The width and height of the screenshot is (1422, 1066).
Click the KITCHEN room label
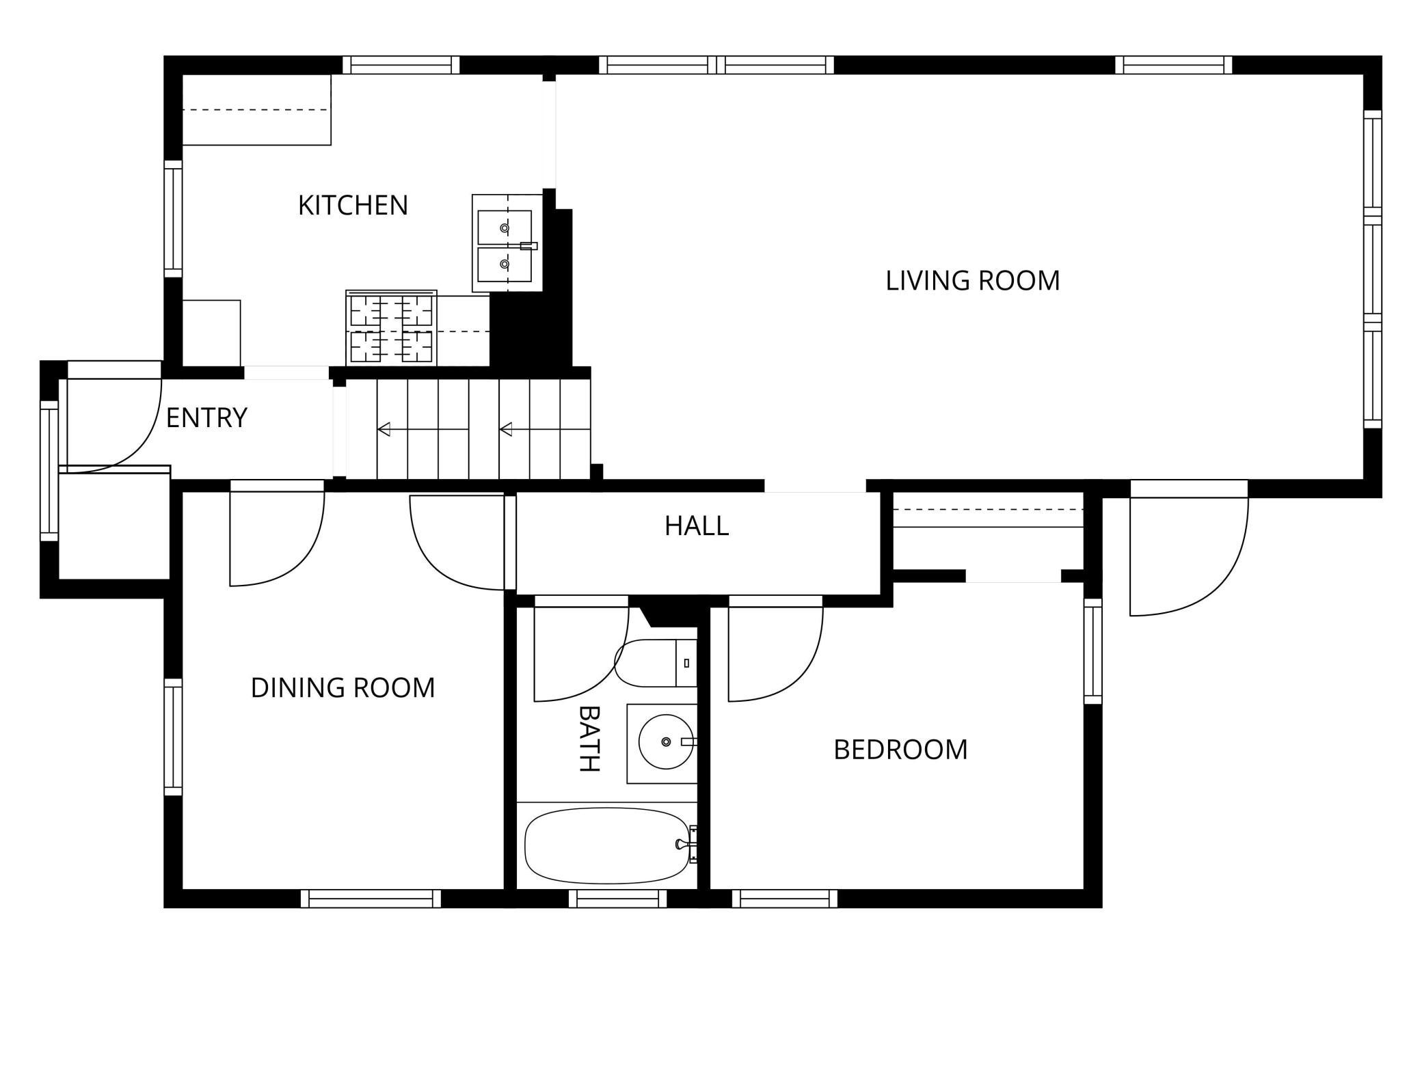[353, 205]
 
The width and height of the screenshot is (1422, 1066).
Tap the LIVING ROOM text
[972, 280]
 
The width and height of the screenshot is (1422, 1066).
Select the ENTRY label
[206, 418]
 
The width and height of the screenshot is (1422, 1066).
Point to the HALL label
[697, 525]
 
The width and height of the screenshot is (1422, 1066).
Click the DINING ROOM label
[343, 687]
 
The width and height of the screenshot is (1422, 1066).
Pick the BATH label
[589, 738]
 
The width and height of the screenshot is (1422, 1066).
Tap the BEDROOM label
[900, 750]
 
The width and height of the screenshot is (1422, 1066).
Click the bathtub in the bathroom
[607, 845]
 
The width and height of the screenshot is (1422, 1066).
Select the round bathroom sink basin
[666, 742]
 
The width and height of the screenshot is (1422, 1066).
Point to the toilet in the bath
[656, 663]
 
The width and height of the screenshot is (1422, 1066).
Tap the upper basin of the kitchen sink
[505, 228]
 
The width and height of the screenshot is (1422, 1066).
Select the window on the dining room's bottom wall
[371, 899]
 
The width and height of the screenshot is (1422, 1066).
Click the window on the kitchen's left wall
[174, 219]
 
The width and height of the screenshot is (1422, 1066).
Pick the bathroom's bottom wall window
[617, 899]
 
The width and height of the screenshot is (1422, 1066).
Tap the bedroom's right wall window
[1093, 651]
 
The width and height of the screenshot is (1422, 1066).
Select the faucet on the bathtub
[687, 845]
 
